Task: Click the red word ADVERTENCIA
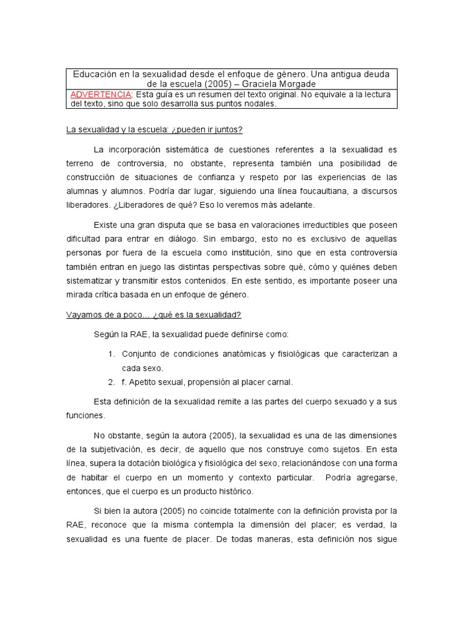[101, 94]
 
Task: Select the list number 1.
[111, 354]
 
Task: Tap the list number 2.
[111, 381]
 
